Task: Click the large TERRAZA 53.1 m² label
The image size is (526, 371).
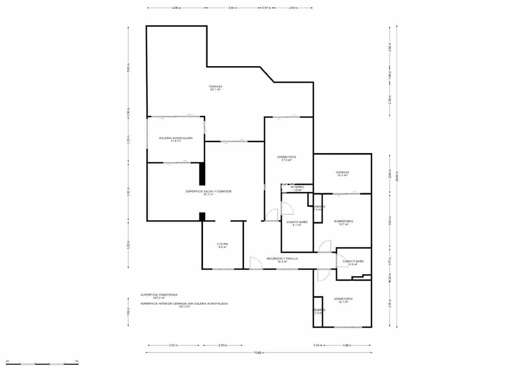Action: [215, 88]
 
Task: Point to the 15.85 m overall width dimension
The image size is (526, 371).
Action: [258, 353]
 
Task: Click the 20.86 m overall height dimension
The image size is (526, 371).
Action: [397, 176]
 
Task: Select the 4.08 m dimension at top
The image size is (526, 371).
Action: [177, 8]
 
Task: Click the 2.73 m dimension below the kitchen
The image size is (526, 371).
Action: [223, 345]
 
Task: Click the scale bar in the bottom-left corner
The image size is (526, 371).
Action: [42, 363]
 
